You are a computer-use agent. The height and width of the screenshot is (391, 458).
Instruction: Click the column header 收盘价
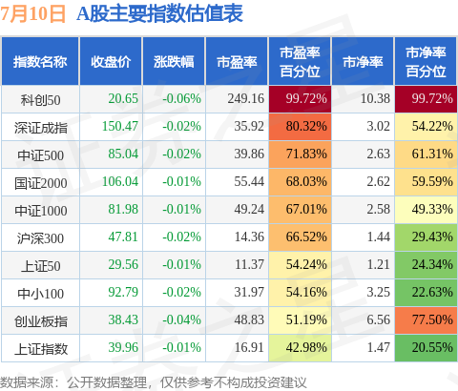111,62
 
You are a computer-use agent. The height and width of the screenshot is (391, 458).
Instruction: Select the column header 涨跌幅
174,62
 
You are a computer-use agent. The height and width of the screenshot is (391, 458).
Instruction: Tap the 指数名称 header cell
40,62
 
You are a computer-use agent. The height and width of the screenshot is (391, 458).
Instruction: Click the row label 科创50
40,100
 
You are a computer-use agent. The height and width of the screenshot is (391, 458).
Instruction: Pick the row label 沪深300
40,238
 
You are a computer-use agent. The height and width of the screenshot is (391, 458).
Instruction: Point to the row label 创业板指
41,321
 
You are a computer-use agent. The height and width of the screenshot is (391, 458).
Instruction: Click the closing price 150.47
120,126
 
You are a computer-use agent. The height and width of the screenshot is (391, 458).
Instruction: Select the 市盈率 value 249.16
246,98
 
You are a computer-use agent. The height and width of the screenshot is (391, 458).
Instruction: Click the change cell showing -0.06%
181,98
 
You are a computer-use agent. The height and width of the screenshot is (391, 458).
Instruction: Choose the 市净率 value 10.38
375,98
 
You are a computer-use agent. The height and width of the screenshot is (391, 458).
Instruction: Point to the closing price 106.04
120,181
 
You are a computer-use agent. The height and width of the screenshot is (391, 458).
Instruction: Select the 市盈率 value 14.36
249,237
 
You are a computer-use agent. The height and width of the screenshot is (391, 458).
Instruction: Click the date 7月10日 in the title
32,14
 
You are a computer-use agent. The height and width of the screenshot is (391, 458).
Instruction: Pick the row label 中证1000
41,211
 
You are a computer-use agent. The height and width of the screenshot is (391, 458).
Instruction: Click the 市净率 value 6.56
379,319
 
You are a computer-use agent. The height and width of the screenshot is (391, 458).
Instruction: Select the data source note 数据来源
27,382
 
